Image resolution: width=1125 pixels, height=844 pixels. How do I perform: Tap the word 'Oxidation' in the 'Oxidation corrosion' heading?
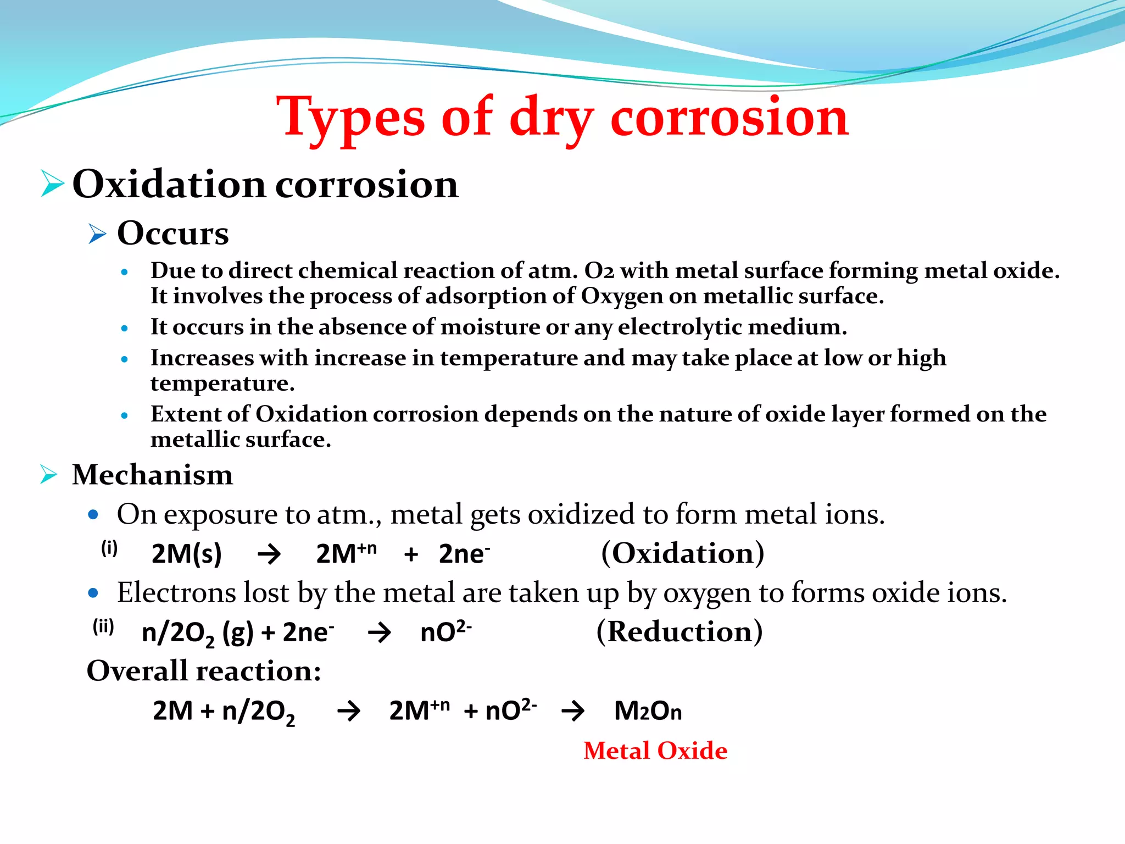tap(169, 184)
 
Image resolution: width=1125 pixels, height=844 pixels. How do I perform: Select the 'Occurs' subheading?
tap(172, 234)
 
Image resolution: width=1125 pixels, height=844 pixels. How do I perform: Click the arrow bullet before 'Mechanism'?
tap(49, 474)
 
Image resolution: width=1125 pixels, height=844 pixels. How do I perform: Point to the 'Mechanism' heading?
tap(152, 475)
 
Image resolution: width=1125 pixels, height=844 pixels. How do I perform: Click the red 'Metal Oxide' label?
tap(655, 751)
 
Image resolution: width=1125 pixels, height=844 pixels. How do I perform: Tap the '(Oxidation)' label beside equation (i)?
tap(682, 553)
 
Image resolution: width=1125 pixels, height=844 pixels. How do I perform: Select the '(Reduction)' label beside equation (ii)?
tap(679, 631)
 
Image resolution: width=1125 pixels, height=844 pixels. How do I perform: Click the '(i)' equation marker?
tap(109, 548)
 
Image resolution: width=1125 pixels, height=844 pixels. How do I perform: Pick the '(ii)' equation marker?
tap(103, 626)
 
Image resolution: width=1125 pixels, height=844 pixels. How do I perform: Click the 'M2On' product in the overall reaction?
tap(648, 711)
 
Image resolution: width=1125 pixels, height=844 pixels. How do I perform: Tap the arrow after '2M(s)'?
tap(269, 554)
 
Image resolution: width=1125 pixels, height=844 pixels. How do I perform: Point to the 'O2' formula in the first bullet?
tap(599, 271)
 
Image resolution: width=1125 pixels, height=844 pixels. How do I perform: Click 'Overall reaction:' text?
tap(204, 671)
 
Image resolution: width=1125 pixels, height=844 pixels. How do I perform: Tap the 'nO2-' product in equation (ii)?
tap(445, 631)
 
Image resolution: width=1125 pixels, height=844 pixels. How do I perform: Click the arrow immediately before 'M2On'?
tap(573, 711)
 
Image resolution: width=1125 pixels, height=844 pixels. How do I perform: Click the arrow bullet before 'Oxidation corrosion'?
tap(52, 184)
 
